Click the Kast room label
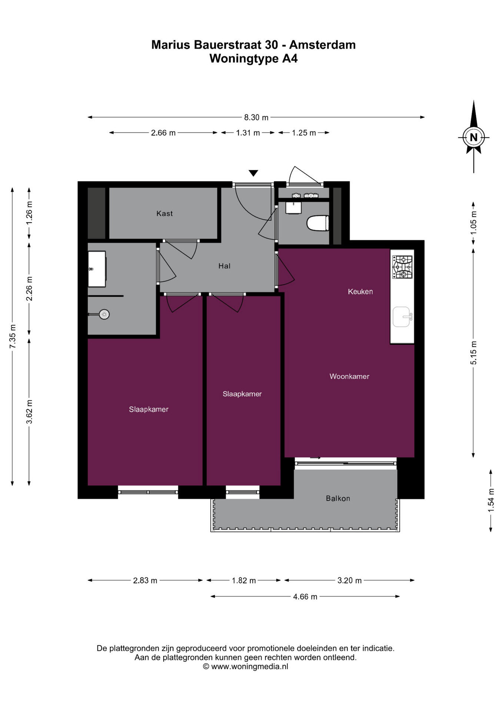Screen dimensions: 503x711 164,213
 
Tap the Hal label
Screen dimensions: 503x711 224,266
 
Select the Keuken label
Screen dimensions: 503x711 360,291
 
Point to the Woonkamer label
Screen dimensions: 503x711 349,376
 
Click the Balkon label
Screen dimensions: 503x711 338,498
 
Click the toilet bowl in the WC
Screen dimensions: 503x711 318,223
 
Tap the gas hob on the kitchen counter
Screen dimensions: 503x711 402,267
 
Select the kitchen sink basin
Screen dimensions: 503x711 402,317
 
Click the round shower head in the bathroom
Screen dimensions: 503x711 104,314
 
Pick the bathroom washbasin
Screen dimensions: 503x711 97,269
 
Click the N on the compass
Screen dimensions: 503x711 473,137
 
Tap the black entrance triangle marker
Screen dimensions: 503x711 253,173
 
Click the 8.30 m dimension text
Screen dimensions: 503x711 256,117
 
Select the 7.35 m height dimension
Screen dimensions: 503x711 13,336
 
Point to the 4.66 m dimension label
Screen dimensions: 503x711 305,597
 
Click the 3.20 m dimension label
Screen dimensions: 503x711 349,580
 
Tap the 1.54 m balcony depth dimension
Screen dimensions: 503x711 491,500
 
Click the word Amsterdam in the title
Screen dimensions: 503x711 322,45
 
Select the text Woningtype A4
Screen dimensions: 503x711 253,59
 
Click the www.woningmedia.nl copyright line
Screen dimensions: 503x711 246,667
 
